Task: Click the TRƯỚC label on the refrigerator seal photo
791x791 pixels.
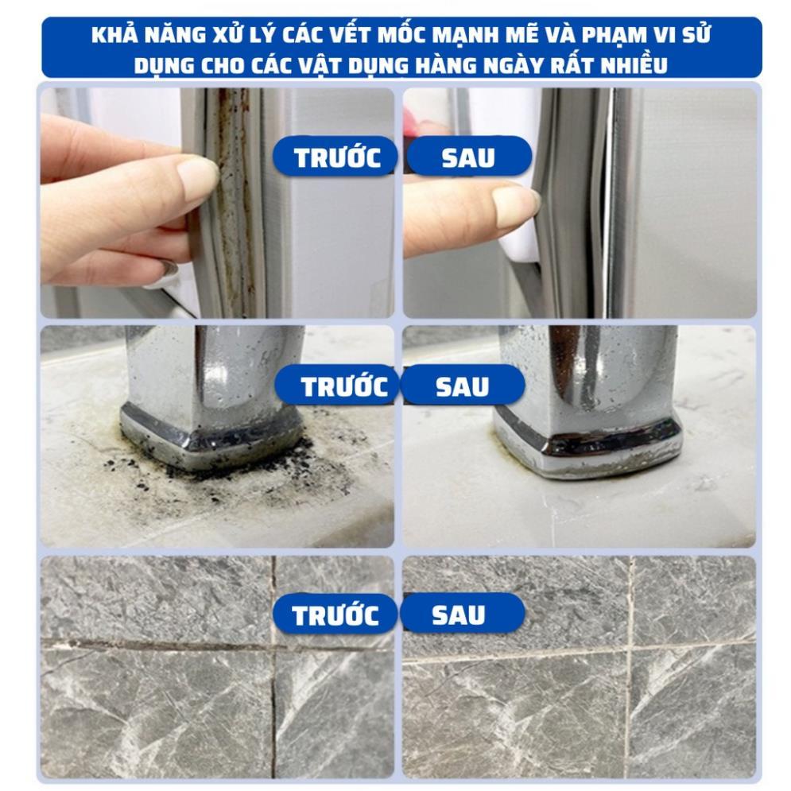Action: (x=337, y=157)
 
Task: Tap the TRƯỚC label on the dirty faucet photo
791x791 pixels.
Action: (x=344, y=386)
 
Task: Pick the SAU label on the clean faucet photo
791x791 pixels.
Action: (x=462, y=387)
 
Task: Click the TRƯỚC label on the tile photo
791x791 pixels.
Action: (x=335, y=615)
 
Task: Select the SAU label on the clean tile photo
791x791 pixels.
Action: (x=458, y=615)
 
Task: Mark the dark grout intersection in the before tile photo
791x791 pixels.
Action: (x=273, y=646)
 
